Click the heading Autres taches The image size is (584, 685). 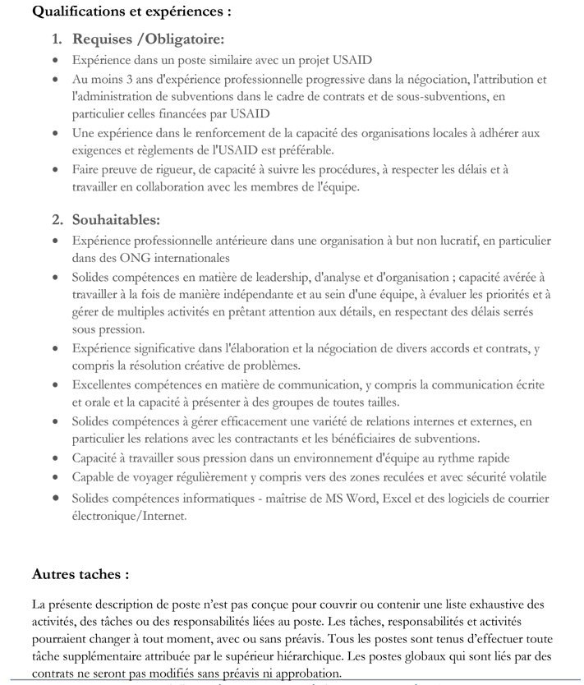coord(80,573)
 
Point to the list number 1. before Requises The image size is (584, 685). coord(57,39)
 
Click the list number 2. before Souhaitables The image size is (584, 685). coord(57,219)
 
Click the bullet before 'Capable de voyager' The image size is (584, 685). coord(54,477)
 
